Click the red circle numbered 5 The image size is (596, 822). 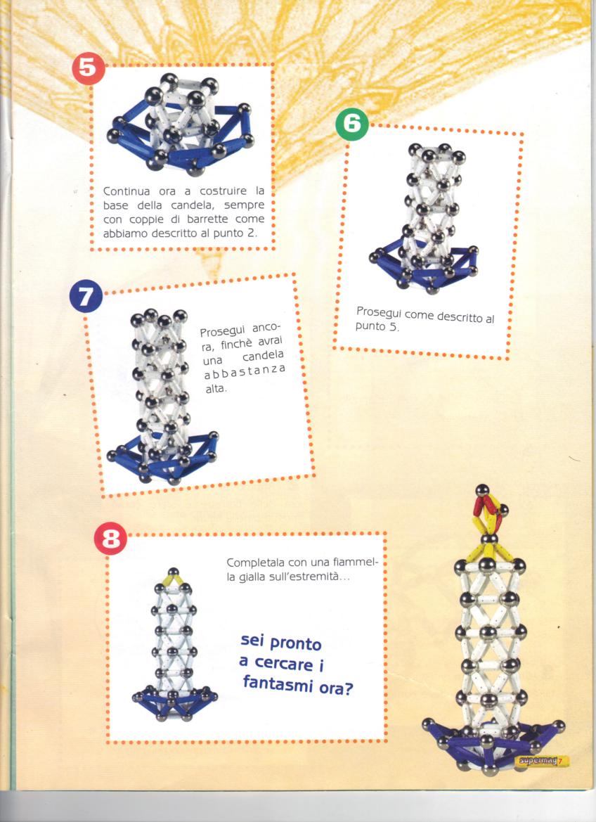[88, 69]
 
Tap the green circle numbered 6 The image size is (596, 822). [352, 124]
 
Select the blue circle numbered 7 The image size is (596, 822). [86, 297]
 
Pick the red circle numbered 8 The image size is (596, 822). [110, 539]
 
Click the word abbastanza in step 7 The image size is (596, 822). [245, 372]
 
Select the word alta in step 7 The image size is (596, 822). [215, 390]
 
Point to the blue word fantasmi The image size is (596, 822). [278, 684]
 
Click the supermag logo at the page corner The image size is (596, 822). [541, 761]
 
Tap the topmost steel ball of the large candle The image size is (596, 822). [482, 491]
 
